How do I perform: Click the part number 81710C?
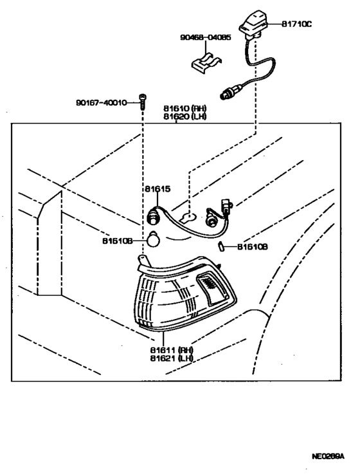[x=296, y=24]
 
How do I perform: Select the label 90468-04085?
[x=205, y=37]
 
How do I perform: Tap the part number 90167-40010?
[x=102, y=103]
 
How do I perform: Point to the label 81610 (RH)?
[x=184, y=108]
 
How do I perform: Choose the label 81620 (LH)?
[x=184, y=116]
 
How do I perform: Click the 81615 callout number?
[x=157, y=189]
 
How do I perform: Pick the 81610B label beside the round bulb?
[x=118, y=241]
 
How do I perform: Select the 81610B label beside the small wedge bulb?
[x=253, y=247]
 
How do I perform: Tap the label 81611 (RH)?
[x=172, y=350]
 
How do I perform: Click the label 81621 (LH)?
[x=172, y=358]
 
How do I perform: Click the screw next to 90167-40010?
[x=143, y=102]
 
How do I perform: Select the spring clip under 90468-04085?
[x=206, y=63]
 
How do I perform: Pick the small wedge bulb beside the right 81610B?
[x=221, y=246]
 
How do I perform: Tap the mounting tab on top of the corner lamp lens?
[x=145, y=261]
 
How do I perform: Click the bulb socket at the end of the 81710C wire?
[x=231, y=92]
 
